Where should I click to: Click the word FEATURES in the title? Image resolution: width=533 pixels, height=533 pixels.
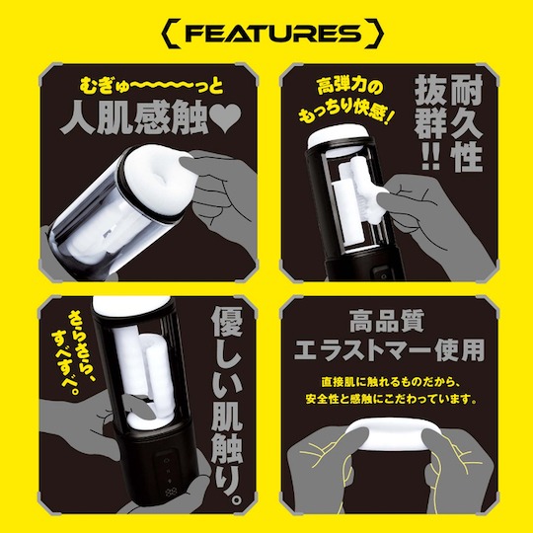pos(273,34)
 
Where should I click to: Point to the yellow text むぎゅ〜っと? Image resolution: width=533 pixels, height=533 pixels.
pos(151,86)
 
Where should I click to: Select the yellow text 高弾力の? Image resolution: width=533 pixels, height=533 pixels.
pos(349,87)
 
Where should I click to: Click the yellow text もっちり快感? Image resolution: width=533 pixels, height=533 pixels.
pos(346,112)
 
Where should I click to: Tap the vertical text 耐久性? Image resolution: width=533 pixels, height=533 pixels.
pos(466,123)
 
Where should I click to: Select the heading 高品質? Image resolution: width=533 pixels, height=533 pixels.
pos(387,321)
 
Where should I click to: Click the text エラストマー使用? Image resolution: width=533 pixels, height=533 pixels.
pos(389,349)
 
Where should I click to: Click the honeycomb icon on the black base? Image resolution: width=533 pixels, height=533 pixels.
pos(170,492)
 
